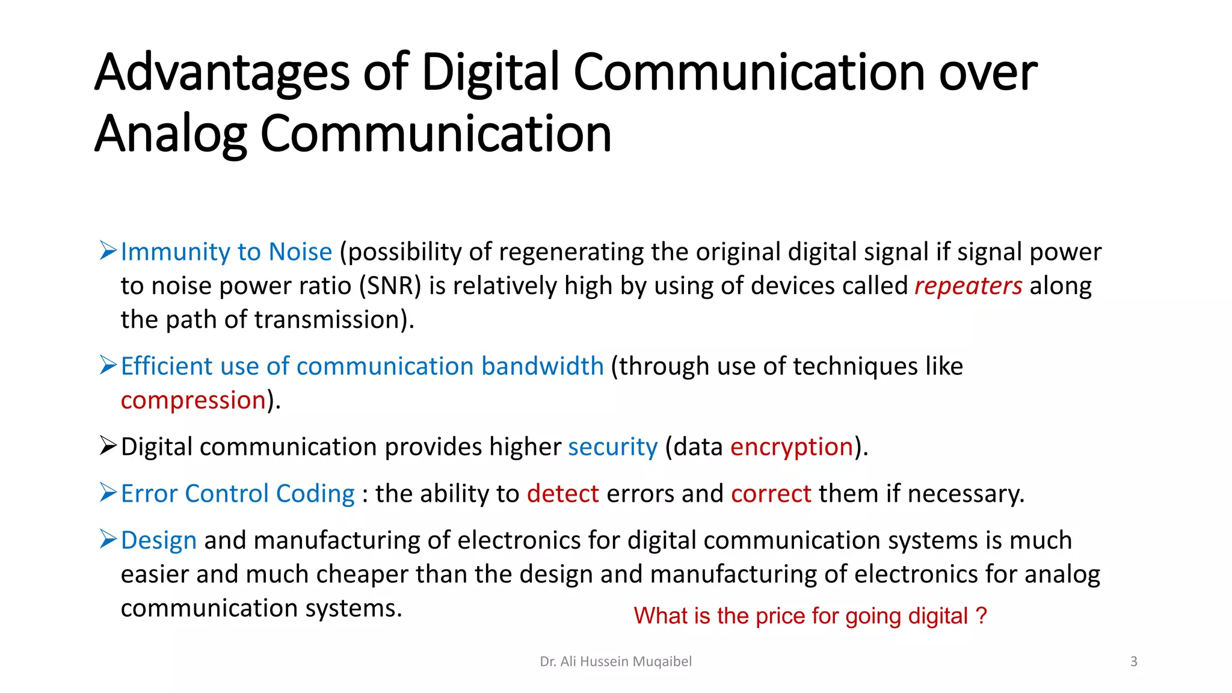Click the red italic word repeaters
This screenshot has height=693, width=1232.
click(x=968, y=286)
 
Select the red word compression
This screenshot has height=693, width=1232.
click(x=193, y=401)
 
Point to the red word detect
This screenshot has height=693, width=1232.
click(x=562, y=494)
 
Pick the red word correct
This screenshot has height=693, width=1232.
click(x=771, y=494)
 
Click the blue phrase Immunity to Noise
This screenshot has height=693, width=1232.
click(x=226, y=252)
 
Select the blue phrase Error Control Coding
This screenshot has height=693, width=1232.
click(x=238, y=494)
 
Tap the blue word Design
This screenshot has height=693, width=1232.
click(x=158, y=541)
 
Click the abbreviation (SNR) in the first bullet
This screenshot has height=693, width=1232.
click(x=390, y=286)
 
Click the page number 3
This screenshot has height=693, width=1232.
click(x=1133, y=662)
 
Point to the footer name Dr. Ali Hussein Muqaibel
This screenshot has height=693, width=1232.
click(x=615, y=662)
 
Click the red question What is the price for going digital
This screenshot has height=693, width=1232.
click(x=810, y=616)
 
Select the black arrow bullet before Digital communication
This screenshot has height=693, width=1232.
click(x=108, y=446)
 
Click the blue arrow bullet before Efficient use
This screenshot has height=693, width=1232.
click(x=108, y=365)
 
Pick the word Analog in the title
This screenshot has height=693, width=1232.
click(x=170, y=134)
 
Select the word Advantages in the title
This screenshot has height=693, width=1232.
click(x=221, y=73)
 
